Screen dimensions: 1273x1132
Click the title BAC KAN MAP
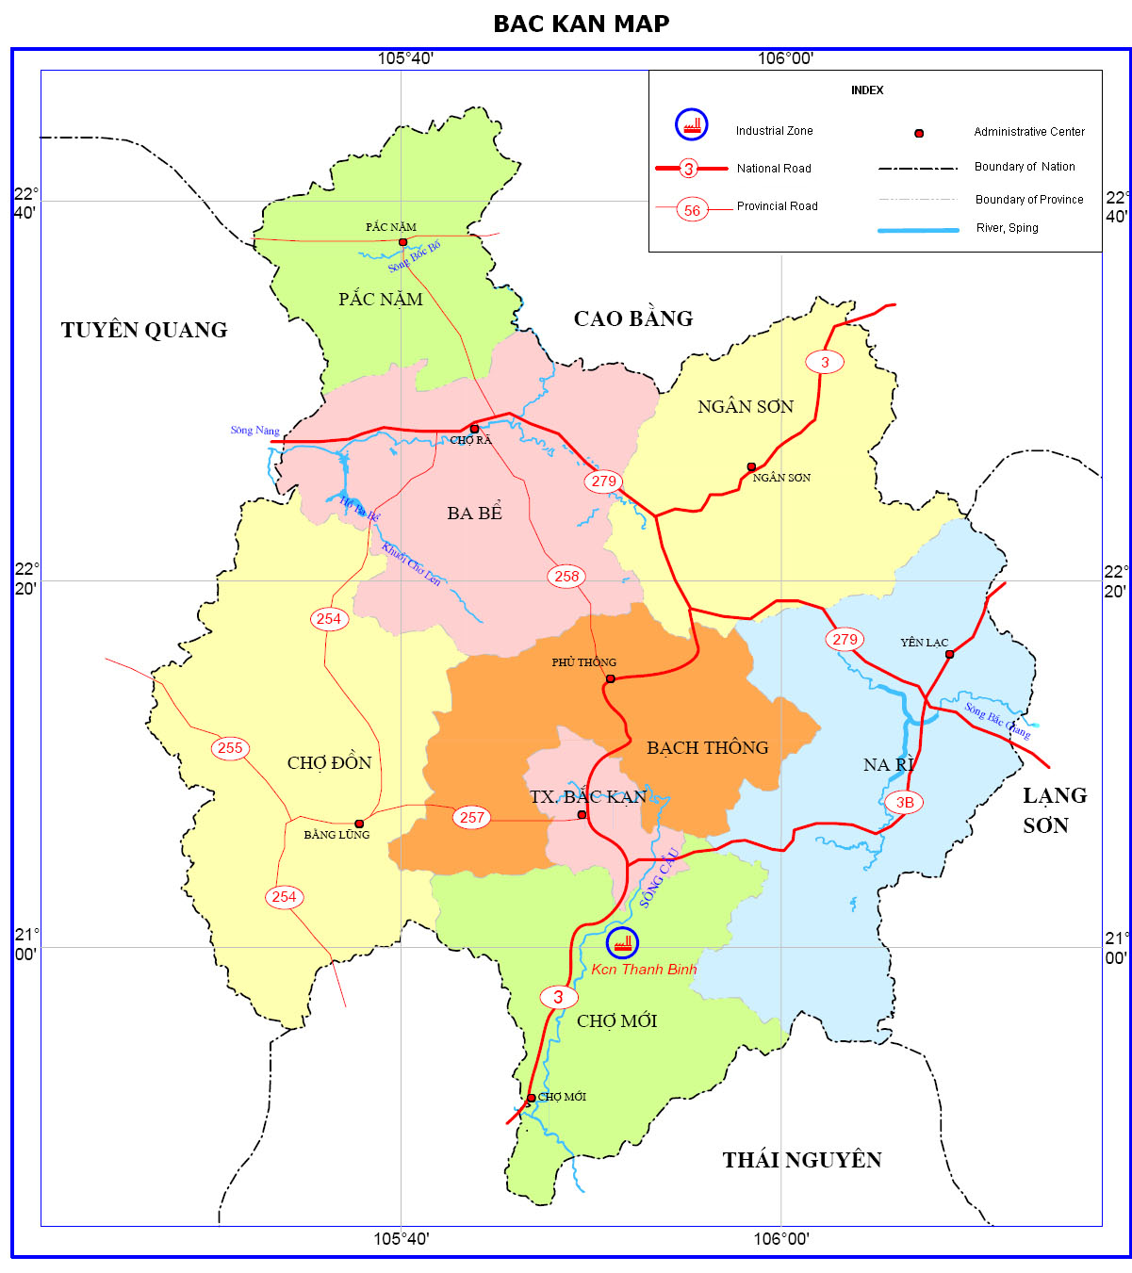(x=581, y=24)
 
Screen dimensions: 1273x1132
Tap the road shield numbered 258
(x=566, y=576)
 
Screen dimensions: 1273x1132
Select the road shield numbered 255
(x=230, y=748)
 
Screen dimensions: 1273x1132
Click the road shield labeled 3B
(x=904, y=803)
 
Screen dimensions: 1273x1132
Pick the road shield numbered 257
(x=472, y=817)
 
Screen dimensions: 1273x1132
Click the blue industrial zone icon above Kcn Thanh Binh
(x=622, y=942)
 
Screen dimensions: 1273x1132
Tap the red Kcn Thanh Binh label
(x=644, y=970)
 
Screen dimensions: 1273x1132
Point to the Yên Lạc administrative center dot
(x=949, y=654)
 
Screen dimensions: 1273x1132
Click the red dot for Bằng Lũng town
(x=359, y=824)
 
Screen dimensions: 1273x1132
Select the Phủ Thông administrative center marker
(x=610, y=678)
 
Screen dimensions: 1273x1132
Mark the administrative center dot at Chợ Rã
(x=474, y=429)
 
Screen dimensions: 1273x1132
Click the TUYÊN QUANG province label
(x=144, y=330)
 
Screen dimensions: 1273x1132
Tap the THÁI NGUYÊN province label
(x=802, y=1160)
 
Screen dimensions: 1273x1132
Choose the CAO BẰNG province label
(x=633, y=318)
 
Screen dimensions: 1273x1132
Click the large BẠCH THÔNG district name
(x=707, y=748)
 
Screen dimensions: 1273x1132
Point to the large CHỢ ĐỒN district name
(x=329, y=762)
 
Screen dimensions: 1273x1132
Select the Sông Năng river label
(x=254, y=431)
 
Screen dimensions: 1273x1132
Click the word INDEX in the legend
(x=867, y=90)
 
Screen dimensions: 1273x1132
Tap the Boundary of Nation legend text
(x=1025, y=167)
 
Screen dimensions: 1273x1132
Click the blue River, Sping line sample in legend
(x=918, y=230)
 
